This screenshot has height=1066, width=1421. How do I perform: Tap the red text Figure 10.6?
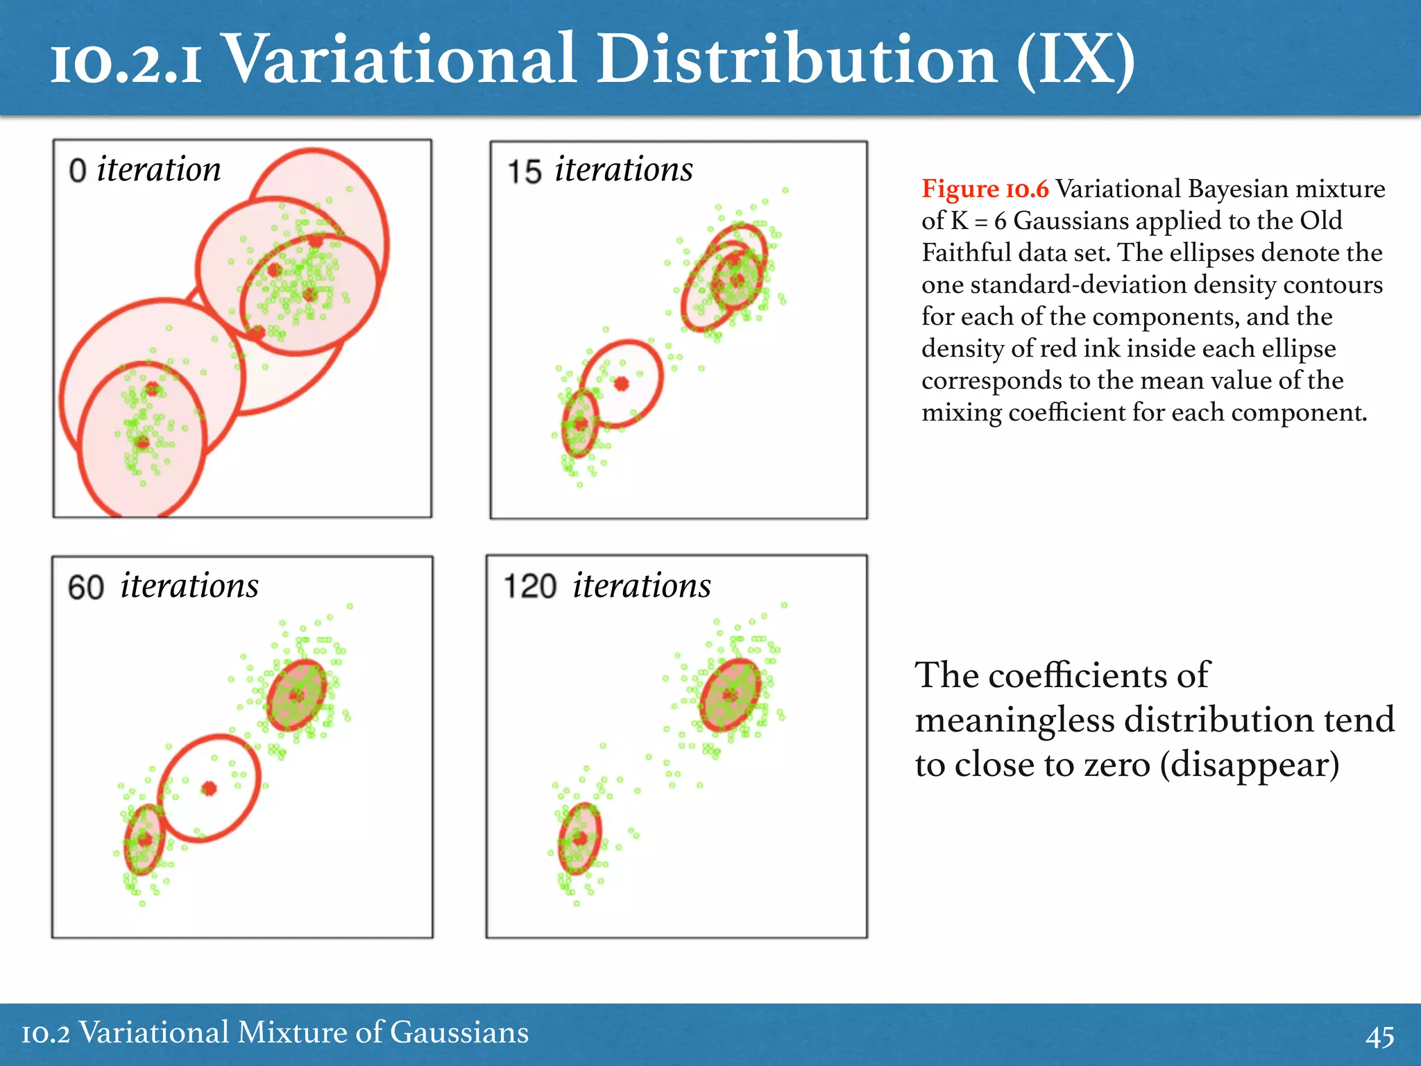pos(985,189)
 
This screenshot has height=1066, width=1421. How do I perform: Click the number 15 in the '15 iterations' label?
pos(524,172)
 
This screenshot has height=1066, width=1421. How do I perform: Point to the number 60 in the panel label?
pos(86,588)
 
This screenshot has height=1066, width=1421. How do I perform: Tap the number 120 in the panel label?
pos(530,586)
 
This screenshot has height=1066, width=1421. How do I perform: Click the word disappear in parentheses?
pos(1249,765)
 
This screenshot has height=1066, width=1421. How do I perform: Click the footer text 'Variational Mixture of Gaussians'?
pos(304,1033)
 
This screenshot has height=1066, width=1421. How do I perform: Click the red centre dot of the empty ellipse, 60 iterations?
pos(209,788)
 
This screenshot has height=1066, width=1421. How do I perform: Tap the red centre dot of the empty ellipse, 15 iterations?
pos(622,383)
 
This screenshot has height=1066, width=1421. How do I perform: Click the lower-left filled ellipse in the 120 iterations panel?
pos(580,838)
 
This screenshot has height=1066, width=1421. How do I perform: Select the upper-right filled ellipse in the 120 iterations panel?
pos(730,695)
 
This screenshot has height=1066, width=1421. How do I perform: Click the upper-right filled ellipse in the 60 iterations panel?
pos(297,695)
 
